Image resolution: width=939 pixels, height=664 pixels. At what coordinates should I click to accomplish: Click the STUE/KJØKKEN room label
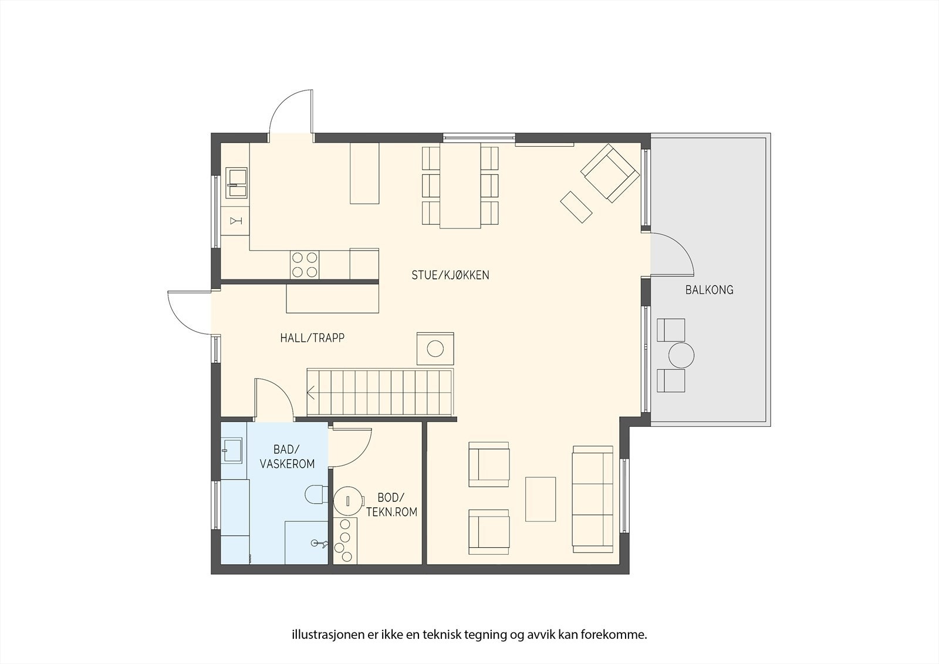[450, 275]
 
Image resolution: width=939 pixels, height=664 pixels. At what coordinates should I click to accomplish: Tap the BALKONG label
[710, 290]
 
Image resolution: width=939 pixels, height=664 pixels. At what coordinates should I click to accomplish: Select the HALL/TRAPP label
[312, 338]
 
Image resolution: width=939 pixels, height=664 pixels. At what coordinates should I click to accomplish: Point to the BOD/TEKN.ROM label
[391, 505]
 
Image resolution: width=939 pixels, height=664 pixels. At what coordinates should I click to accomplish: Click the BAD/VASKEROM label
[287, 456]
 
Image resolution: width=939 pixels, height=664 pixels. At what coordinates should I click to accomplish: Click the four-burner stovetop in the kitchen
[305, 265]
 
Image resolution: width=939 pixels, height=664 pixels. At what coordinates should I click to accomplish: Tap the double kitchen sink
[237, 183]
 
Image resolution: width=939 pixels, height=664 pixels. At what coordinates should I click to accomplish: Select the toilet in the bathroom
[317, 494]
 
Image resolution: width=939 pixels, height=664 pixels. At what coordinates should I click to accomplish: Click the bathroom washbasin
[232, 450]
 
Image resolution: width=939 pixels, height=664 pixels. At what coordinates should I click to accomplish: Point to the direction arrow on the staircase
[311, 393]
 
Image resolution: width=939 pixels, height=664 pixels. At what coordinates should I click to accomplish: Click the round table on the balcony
[681, 355]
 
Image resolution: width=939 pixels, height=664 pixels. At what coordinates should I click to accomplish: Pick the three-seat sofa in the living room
[593, 499]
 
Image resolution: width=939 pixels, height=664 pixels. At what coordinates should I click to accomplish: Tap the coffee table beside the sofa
[541, 499]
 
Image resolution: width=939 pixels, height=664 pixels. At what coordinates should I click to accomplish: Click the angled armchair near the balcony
[610, 173]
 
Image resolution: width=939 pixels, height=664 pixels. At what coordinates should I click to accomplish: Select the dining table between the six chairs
[460, 186]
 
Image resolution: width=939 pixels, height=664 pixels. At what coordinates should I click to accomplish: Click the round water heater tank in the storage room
[348, 500]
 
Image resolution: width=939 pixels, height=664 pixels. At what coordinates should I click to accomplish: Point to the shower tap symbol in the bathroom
[319, 544]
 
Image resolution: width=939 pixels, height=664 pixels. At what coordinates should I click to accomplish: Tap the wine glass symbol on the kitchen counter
[235, 221]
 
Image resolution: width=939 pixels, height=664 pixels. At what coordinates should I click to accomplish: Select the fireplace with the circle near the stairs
[435, 349]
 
